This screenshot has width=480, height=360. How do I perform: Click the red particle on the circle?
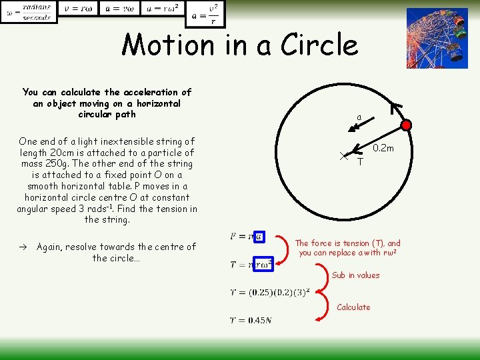(x=407, y=124)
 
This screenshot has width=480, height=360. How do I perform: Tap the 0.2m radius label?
(x=383, y=148)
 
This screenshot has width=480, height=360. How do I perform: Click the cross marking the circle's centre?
(x=343, y=155)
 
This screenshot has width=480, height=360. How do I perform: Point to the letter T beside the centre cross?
(x=360, y=162)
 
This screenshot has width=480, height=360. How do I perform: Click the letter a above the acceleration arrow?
(x=359, y=117)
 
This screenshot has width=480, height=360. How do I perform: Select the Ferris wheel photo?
(x=437, y=38)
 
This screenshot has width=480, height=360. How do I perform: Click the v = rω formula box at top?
(x=77, y=8)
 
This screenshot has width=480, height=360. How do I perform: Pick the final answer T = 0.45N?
(x=250, y=321)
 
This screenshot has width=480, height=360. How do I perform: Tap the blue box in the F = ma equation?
(x=258, y=236)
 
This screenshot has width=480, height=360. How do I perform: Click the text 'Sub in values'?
(x=355, y=275)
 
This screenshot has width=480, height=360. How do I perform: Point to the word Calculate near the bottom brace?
(x=353, y=307)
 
